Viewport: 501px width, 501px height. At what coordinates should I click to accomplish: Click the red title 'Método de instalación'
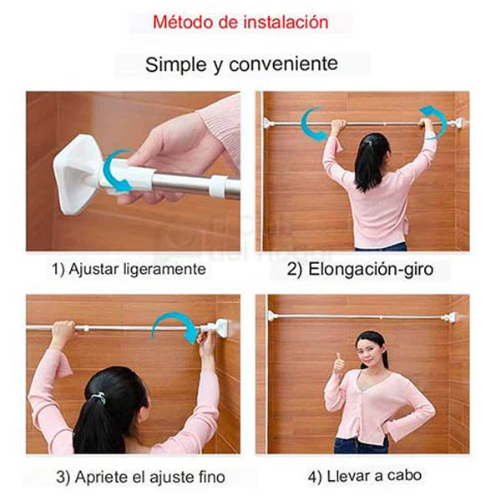(x=240, y=23)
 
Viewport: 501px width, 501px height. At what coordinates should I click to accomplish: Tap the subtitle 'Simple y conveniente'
(x=241, y=64)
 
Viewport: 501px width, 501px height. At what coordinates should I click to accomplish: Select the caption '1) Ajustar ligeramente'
(x=129, y=269)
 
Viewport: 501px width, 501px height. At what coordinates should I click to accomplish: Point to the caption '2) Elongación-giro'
(x=360, y=269)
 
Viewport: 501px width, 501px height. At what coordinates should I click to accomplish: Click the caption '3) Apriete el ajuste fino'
(x=141, y=477)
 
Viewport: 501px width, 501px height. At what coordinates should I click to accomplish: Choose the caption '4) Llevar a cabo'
(x=365, y=477)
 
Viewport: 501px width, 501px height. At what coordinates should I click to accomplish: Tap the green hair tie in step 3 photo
(x=99, y=397)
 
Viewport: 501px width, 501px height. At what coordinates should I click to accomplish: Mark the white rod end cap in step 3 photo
(x=220, y=328)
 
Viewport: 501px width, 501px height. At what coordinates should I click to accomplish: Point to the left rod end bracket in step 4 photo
(x=271, y=316)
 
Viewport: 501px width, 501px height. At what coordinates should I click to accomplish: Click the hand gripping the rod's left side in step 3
(x=63, y=330)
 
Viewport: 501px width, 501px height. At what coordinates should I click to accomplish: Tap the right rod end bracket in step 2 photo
(x=459, y=123)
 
